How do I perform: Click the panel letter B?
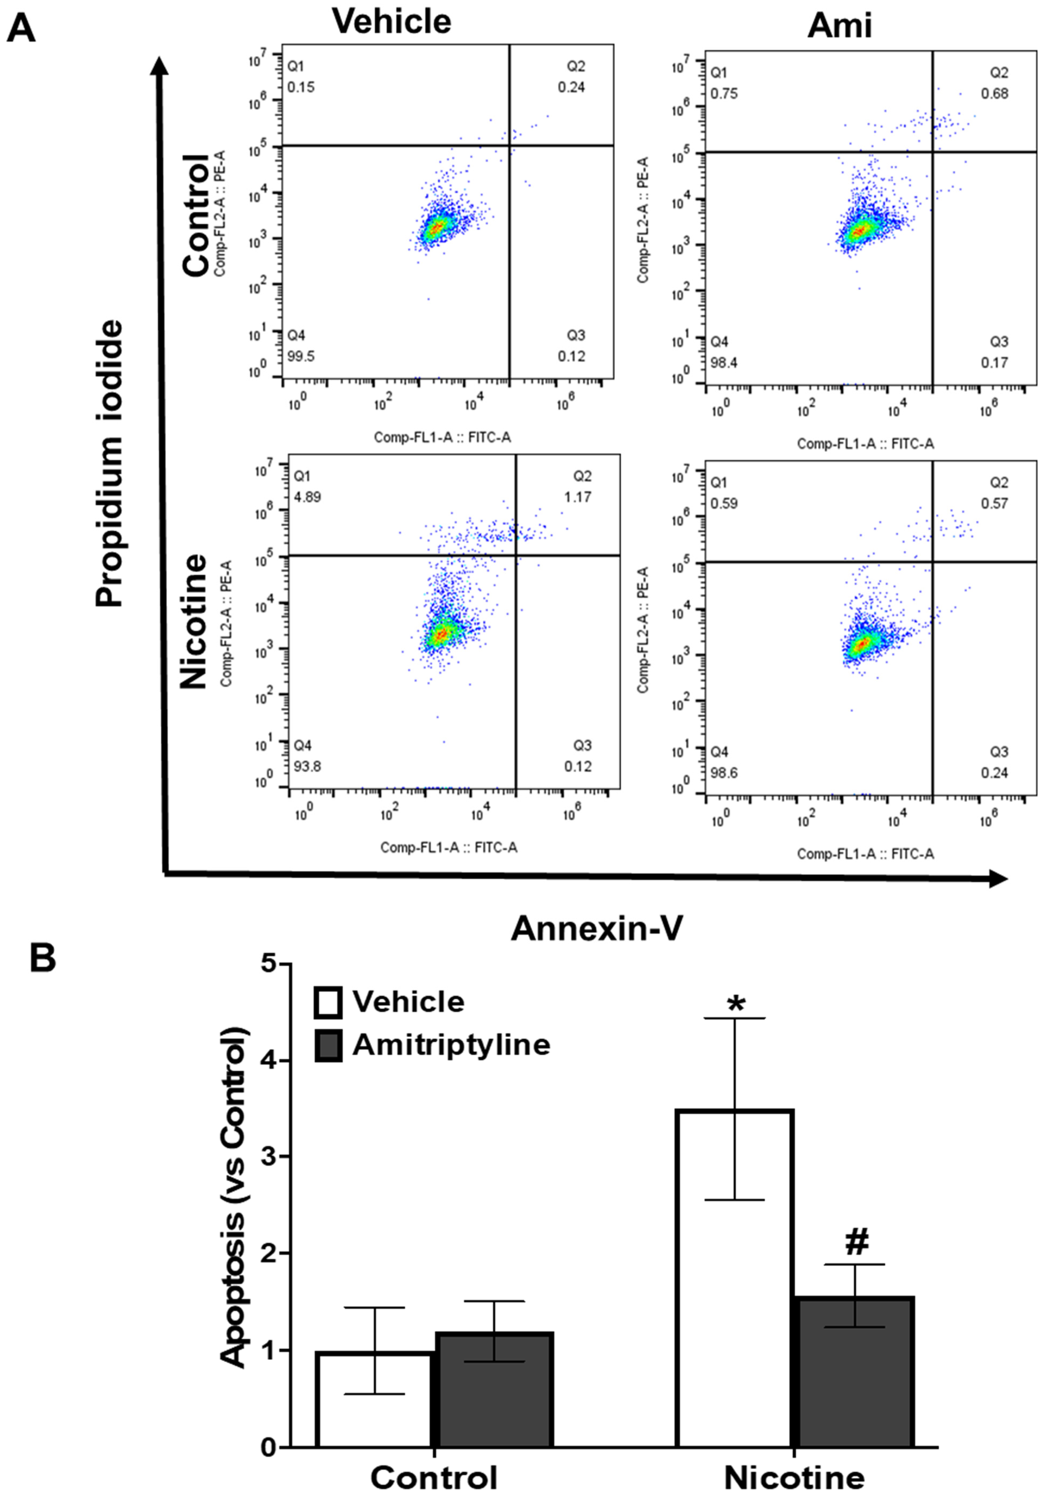(x=43, y=959)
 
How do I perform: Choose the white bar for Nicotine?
(x=735, y=1278)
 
